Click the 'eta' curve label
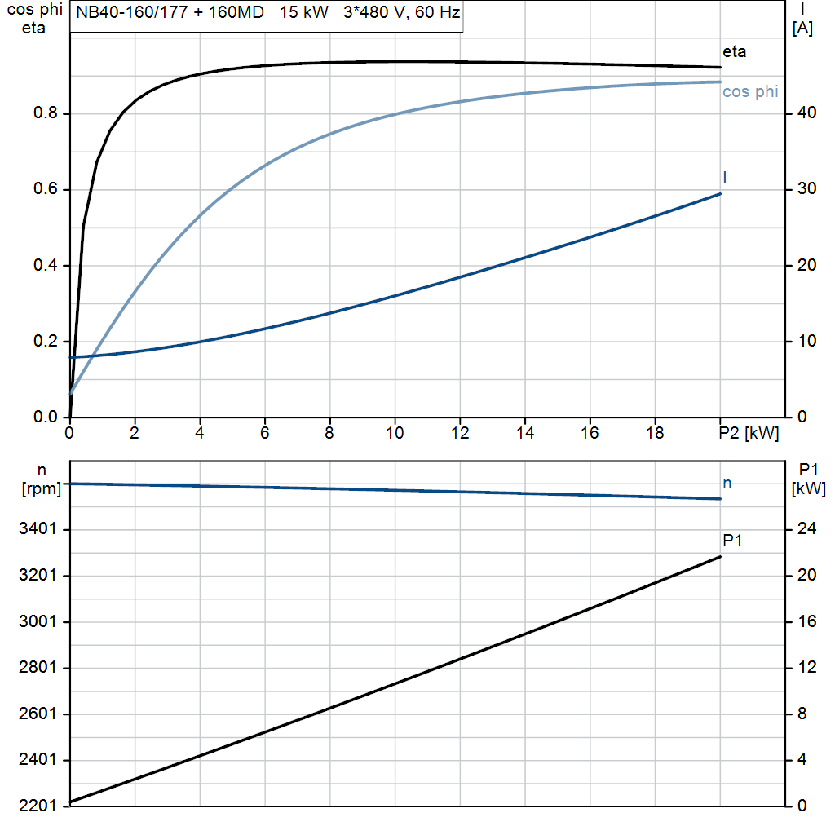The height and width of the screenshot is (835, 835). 734,52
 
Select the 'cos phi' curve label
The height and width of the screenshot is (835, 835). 750,92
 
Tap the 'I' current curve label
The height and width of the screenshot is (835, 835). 725,177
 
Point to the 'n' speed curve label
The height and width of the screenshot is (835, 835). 727,484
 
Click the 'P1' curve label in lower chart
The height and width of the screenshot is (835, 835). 732,540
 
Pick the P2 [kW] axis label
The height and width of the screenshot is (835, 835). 749,434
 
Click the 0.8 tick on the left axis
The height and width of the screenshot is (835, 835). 46,113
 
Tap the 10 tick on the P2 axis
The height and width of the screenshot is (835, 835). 395,434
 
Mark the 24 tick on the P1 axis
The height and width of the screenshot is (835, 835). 806,530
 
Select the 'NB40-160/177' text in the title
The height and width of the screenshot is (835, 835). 130,15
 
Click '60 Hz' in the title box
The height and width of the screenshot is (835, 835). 439,15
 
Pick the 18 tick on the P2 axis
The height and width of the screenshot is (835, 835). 655,434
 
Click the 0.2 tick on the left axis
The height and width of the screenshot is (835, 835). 46,342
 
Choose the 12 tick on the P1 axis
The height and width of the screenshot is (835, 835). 806,668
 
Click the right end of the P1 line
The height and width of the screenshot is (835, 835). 720,557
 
